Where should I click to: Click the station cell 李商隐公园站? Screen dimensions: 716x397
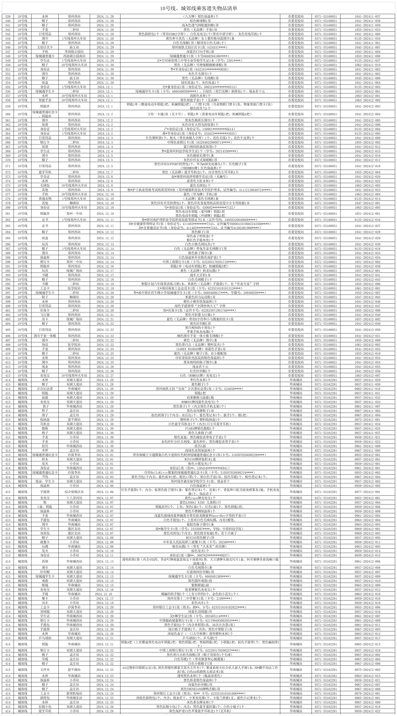click(74, 52)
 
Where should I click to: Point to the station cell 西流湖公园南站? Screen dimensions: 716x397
click(74, 56)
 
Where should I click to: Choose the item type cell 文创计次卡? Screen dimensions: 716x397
click(45, 47)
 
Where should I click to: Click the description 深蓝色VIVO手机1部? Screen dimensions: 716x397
click(200, 52)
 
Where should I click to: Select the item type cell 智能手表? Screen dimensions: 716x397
click(45, 100)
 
